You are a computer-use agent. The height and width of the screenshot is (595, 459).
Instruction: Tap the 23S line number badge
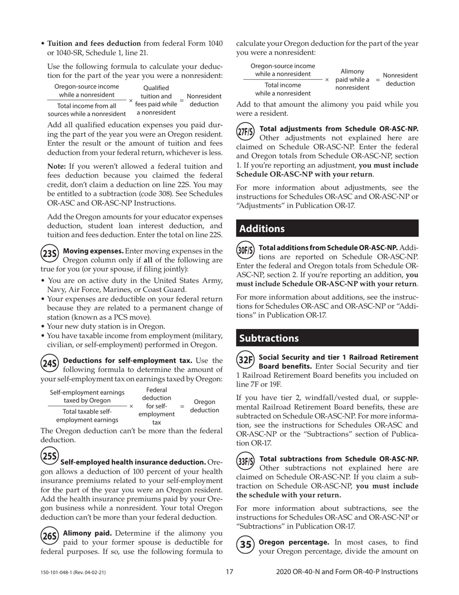50,253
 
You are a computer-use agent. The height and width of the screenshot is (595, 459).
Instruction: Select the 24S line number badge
50,363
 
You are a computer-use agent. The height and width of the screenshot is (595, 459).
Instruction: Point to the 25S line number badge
49,456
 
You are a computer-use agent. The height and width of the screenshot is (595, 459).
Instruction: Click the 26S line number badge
50,535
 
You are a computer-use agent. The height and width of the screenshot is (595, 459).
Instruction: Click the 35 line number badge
245,544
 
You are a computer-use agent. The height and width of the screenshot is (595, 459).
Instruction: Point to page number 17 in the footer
229,572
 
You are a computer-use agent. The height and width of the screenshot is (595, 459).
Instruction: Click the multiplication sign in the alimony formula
327,79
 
